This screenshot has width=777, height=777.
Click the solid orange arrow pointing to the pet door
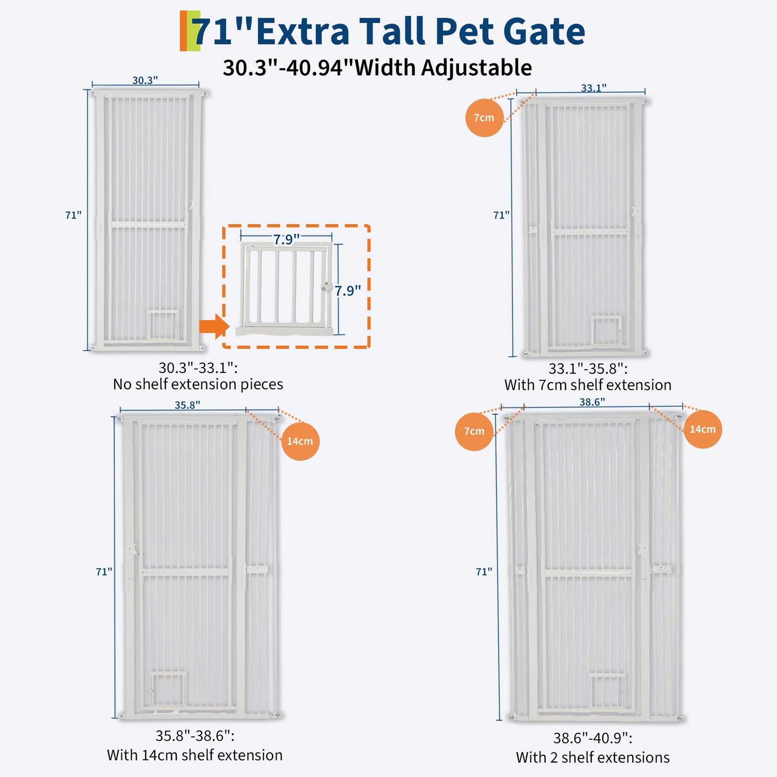(214, 326)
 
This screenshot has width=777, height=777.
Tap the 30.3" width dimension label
(145, 80)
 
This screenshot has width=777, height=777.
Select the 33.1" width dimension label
(594, 88)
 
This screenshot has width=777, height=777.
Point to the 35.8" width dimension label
(187, 404)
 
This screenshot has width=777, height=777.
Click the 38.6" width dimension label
(592, 402)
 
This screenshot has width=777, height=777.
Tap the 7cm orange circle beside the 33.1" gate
(484, 118)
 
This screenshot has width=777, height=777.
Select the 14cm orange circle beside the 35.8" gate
(300, 441)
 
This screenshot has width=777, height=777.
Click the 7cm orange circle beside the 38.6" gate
(474, 432)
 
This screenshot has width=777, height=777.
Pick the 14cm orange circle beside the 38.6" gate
(703, 430)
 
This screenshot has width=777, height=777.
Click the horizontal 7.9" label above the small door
(286, 240)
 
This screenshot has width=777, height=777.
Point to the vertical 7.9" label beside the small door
(348, 290)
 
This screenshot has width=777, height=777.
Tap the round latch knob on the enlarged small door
(326, 287)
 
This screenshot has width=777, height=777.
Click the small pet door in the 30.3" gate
(163, 325)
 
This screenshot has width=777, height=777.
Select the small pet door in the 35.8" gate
(168, 690)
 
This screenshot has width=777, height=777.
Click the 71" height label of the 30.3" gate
(73, 215)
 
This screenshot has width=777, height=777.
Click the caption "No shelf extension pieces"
(198, 385)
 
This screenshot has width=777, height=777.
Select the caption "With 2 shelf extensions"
(593, 757)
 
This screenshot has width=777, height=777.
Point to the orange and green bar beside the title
(190, 31)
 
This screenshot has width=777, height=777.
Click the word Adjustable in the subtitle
(477, 67)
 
